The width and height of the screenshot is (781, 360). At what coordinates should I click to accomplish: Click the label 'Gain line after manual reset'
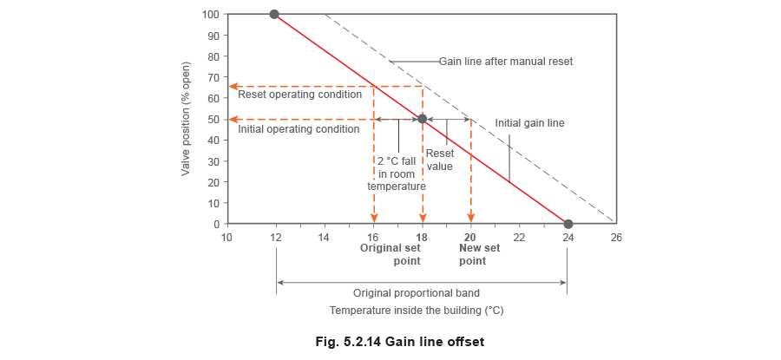click(506, 62)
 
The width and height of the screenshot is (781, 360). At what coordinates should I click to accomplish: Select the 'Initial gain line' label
click(530, 124)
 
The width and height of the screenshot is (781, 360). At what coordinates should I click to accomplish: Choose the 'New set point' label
click(472, 253)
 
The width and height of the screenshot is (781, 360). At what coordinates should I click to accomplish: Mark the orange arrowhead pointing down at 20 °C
click(470, 219)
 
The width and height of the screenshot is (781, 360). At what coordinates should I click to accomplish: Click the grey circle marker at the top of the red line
click(275, 15)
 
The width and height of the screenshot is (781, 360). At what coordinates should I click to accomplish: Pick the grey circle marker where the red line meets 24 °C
click(568, 224)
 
